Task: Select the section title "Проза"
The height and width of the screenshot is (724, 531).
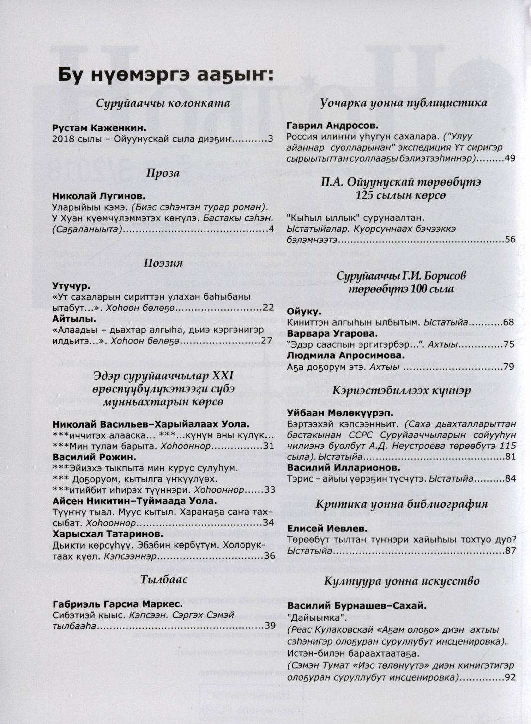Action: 163,173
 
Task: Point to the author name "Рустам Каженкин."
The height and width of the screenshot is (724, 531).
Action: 99,128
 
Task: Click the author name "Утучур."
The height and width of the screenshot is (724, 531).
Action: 71,286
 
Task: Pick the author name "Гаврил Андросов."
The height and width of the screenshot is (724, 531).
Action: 332,126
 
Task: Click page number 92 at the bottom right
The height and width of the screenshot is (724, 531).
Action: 510,678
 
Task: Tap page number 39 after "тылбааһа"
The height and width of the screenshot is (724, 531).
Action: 270,625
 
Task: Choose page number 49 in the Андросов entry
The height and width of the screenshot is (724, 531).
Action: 510,158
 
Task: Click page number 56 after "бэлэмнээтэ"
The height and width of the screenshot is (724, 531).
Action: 510,239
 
